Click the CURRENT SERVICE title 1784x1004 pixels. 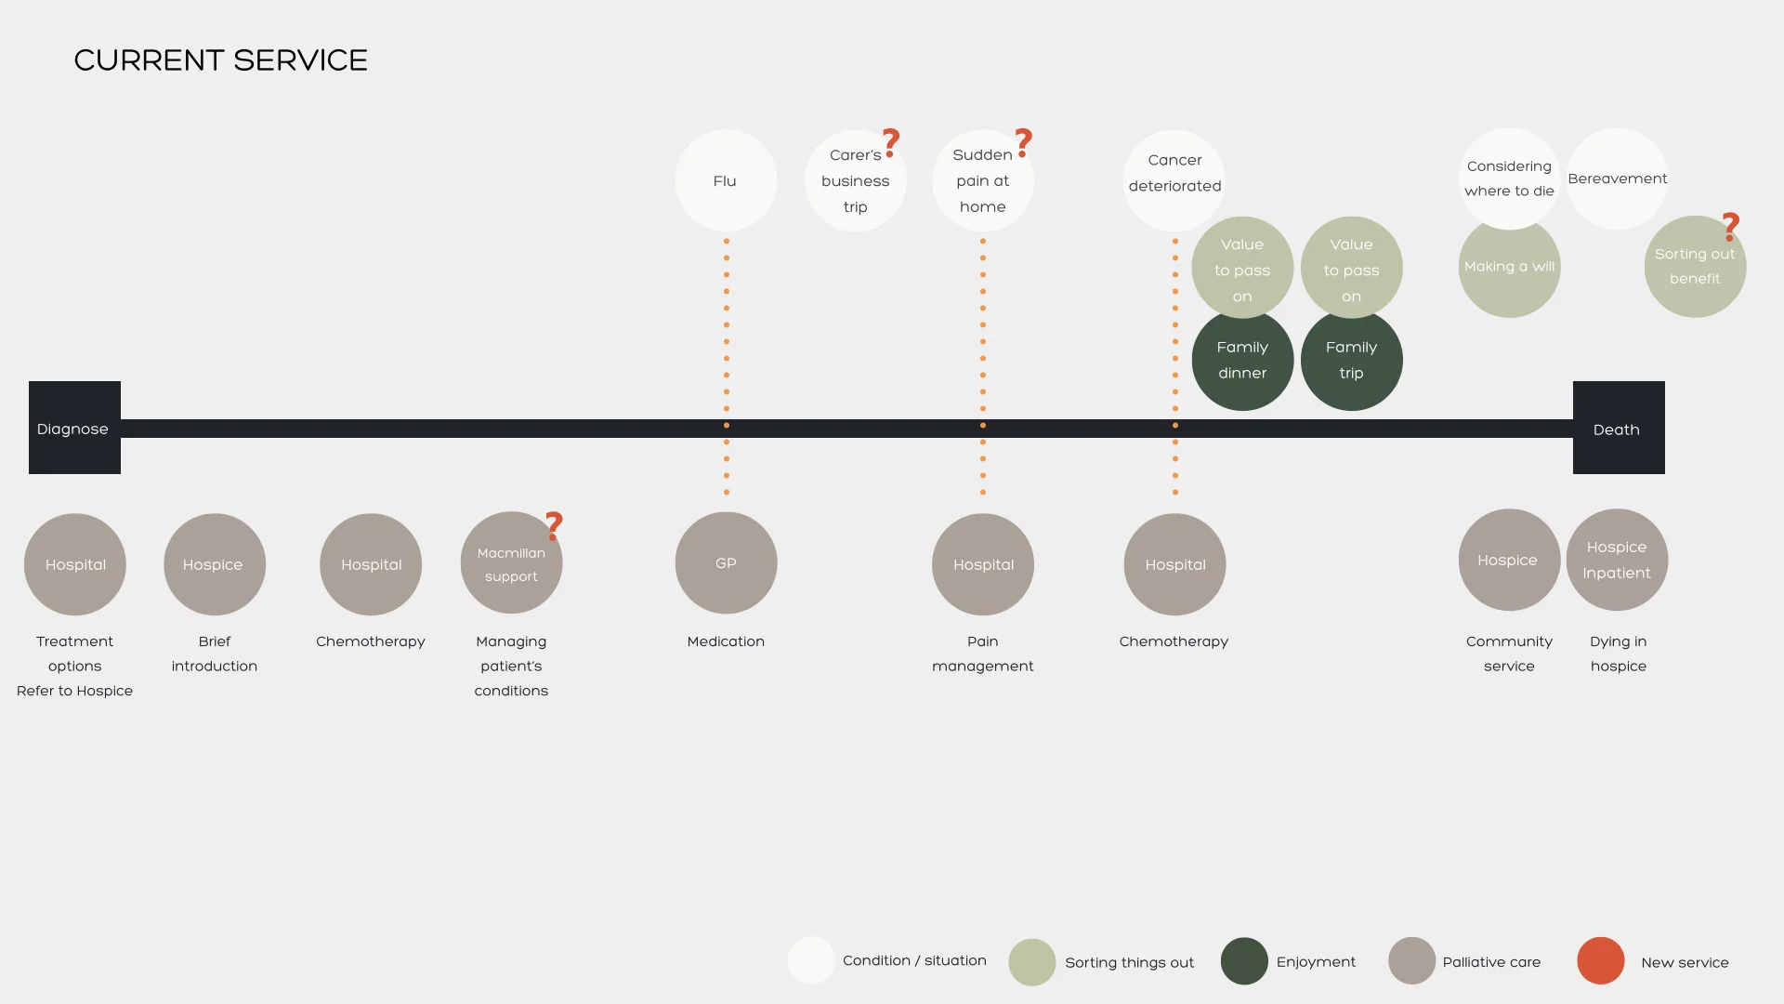click(x=220, y=60)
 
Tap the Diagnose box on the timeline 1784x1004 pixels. click(x=74, y=428)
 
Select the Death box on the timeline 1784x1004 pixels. click(x=1618, y=428)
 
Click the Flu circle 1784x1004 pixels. click(x=726, y=180)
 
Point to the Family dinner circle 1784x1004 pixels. click(x=1242, y=361)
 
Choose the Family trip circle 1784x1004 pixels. click(x=1351, y=361)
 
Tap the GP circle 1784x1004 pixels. click(x=726, y=563)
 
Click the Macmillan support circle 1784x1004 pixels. click(x=511, y=564)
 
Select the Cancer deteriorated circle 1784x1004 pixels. click(x=1174, y=177)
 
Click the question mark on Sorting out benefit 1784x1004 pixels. click(x=1730, y=226)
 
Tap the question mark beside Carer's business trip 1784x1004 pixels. click(x=891, y=142)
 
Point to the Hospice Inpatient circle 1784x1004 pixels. click(x=1617, y=560)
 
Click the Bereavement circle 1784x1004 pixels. click(x=1618, y=178)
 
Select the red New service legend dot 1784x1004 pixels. click(x=1600, y=961)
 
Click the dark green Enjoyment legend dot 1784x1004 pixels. click(x=1244, y=961)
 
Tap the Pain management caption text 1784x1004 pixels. click(x=982, y=654)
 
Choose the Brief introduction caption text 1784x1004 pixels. click(x=214, y=654)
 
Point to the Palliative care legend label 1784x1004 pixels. click(x=1491, y=962)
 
